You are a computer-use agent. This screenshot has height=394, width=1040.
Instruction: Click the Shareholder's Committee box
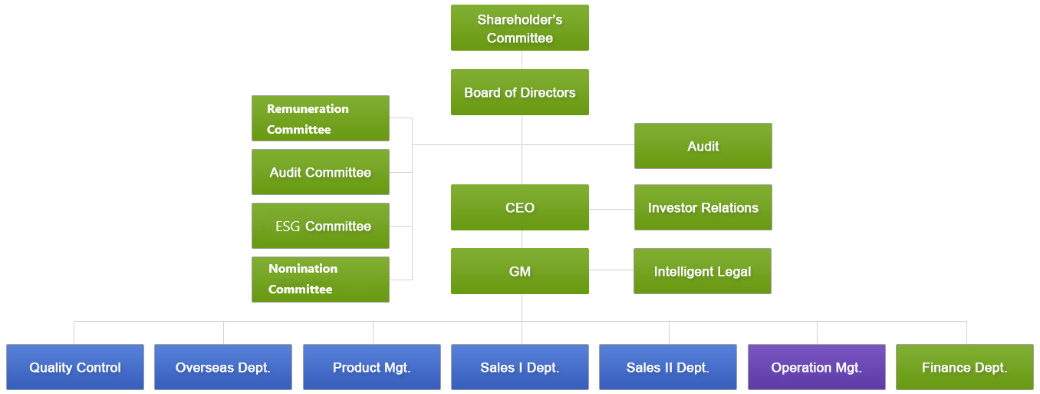(520, 28)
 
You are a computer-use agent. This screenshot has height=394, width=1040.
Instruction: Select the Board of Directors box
(520, 92)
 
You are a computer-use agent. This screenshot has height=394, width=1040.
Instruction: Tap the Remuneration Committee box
(321, 118)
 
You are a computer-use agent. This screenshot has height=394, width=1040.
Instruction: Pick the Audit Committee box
(321, 172)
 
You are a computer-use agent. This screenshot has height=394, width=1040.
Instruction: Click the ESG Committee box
(321, 226)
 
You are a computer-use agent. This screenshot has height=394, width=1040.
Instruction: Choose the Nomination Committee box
(321, 279)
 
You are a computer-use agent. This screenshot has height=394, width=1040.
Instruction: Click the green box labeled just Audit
(703, 146)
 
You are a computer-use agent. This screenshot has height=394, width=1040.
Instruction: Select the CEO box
(520, 207)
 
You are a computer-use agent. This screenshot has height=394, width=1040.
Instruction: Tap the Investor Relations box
(703, 207)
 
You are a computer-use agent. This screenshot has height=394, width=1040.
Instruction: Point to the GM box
(520, 271)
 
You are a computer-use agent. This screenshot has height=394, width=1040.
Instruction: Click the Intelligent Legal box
(703, 271)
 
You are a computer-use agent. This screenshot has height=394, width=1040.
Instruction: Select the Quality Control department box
(75, 367)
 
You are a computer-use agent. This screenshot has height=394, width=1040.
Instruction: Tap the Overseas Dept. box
(223, 367)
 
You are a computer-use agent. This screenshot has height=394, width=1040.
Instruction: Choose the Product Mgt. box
(372, 367)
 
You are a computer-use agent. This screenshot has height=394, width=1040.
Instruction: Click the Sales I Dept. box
(520, 367)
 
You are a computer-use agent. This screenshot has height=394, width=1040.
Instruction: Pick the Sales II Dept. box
(668, 367)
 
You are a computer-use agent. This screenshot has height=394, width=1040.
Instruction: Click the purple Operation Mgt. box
(817, 367)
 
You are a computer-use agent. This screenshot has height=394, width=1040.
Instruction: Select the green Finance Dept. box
(965, 367)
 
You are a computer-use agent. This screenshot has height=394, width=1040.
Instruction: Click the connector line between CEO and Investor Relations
(611, 209)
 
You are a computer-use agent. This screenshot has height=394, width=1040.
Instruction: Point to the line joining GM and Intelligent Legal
(611, 270)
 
